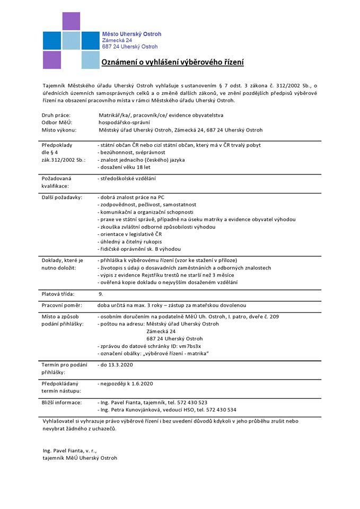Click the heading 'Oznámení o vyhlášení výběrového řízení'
172,63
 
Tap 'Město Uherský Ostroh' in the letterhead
131,34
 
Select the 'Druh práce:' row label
56,115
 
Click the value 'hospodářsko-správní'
124,122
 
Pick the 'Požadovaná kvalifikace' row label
55,182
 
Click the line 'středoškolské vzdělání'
127,179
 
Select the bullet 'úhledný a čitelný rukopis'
130,242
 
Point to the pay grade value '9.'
101,293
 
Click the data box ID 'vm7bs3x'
189,346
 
